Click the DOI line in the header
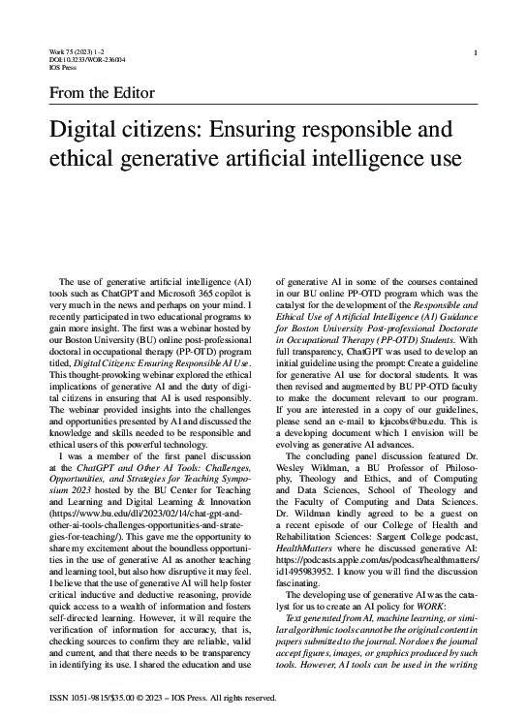[86, 60]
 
